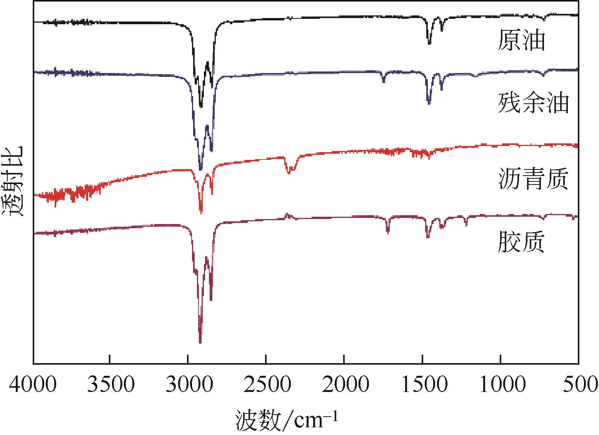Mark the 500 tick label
(x=579, y=385)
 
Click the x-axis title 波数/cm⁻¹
(x=287, y=420)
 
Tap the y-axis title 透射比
(x=13, y=181)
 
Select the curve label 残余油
(x=533, y=103)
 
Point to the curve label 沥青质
(x=533, y=179)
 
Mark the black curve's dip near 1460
(x=429, y=43)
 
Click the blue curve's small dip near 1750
(x=384, y=81)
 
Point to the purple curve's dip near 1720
(x=388, y=232)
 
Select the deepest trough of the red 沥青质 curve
(x=201, y=211)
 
